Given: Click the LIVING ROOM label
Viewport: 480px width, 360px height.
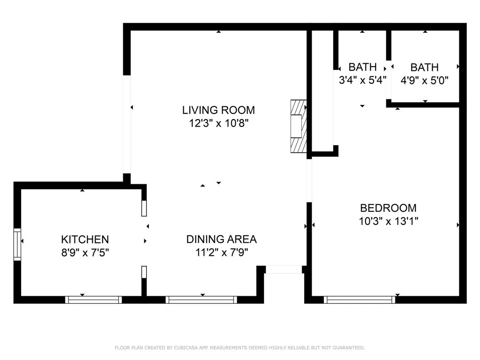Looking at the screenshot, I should coord(218,110).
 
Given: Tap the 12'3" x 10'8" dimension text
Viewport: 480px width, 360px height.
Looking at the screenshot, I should coord(218,124).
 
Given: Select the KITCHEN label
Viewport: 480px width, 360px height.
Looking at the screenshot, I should coord(85,239).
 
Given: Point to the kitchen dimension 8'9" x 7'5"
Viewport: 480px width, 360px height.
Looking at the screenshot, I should coord(85,252).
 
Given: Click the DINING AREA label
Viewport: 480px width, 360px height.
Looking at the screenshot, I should coord(221,239).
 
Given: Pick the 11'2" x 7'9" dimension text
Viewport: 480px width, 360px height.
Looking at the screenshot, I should coord(221,252).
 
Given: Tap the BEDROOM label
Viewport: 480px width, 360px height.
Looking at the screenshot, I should coord(388,208).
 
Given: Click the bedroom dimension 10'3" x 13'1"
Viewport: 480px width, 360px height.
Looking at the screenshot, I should coord(388,221).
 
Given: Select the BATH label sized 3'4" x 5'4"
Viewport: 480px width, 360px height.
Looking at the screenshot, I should coord(362,67).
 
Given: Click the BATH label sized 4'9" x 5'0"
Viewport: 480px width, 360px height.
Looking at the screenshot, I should coord(424,67).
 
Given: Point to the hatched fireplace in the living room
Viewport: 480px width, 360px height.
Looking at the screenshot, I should coord(298,126).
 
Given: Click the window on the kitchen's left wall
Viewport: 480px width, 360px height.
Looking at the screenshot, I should coord(17,244).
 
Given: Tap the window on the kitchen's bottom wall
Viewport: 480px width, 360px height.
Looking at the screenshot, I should coord(93,300).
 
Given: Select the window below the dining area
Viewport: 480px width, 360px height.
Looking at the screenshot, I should coord(202,300).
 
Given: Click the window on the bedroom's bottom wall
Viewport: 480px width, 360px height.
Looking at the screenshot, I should coord(360,300).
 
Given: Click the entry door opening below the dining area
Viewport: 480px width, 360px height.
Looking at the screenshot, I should coord(284,270).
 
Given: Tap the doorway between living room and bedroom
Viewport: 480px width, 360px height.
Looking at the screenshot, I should coord(309,180).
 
